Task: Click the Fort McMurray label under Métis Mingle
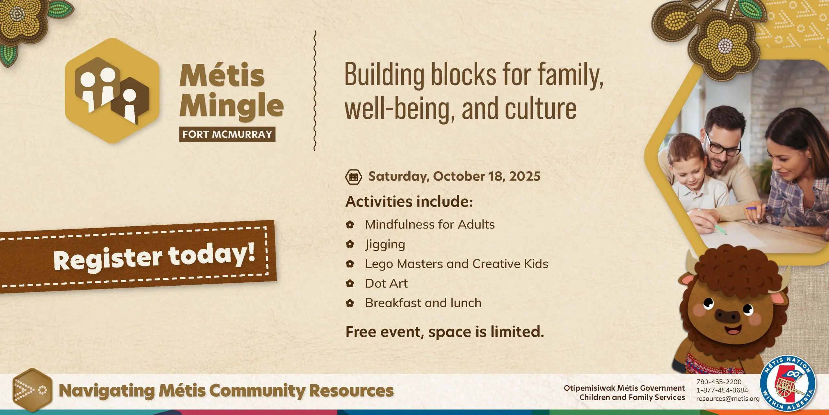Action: [227, 134]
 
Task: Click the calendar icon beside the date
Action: [353, 177]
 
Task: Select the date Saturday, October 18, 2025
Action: [454, 176]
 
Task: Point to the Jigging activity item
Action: [385, 244]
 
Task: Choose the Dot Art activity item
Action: [386, 283]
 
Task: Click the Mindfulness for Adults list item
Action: [430, 224]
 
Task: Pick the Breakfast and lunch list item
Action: [423, 303]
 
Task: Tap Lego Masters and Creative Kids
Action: [457, 264]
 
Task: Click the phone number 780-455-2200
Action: [719, 382]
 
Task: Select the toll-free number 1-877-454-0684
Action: [722, 390]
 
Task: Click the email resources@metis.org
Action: [728, 399]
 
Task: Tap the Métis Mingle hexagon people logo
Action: [112, 91]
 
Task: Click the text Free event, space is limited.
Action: [445, 332]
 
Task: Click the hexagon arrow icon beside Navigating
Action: [32, 390]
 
